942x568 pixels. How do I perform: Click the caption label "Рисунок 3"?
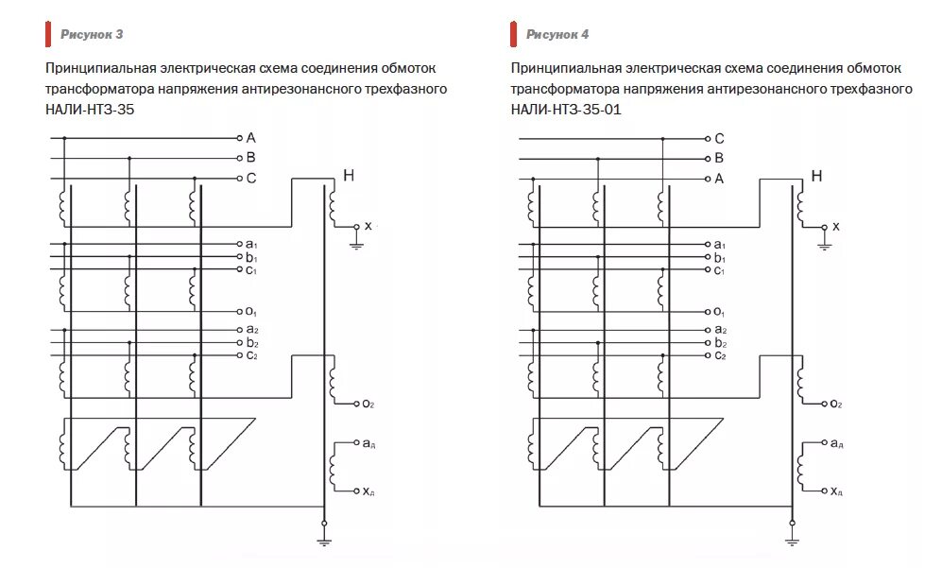[92, 35]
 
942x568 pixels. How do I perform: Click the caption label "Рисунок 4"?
[557, 35]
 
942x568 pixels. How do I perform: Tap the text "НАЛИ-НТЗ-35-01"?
[566, 110]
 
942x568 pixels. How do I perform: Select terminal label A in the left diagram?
[251, 137]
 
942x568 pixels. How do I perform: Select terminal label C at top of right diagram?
[720, 138]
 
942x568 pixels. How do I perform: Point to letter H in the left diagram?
[349, 175]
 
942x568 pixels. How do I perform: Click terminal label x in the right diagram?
[836, 226]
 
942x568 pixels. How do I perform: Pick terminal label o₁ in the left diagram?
[251, 312]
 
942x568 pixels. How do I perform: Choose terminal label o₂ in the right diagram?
[835, 404]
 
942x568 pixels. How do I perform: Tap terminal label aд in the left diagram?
[368, 442]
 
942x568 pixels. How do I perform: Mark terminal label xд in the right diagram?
[836, 491]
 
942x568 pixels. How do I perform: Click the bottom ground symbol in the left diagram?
[324, 542]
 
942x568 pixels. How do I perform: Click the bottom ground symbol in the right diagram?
[792, 542]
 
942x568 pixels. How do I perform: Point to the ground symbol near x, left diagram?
[356, 245]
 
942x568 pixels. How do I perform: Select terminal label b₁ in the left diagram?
[251, 257]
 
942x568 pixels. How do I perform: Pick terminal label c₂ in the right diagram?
[720, 355]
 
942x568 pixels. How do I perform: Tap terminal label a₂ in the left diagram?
[251, 329]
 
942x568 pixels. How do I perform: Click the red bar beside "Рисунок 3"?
[47, 35]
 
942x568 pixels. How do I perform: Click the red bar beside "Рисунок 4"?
[514, 35]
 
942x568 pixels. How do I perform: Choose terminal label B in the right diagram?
[720, 158]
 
